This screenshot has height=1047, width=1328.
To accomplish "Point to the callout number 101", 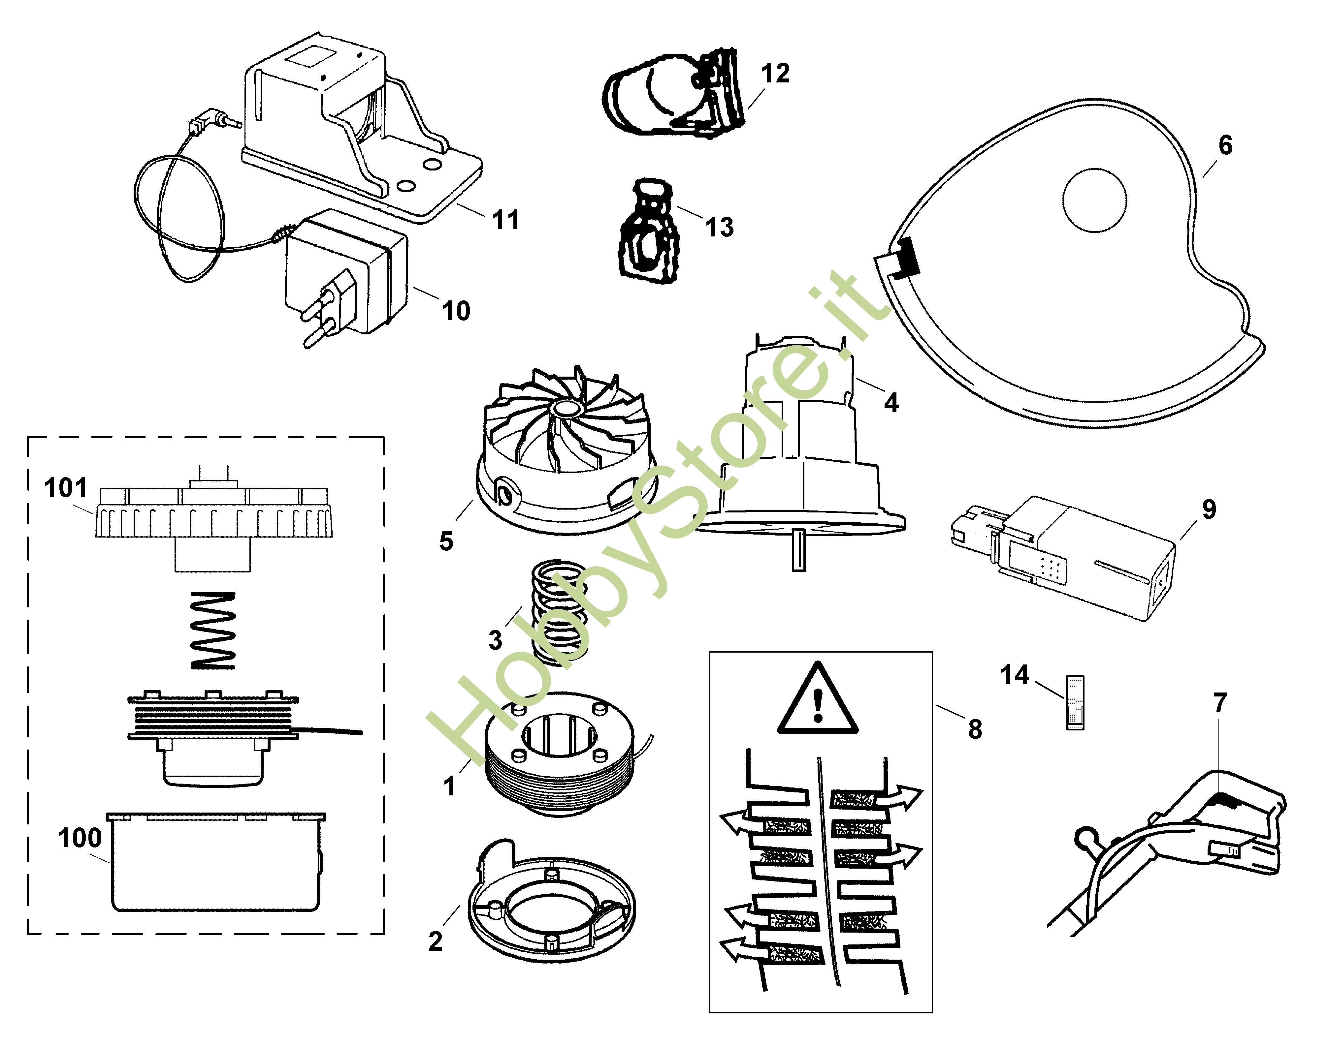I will (66, 489).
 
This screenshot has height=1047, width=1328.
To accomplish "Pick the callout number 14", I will (1015, 675).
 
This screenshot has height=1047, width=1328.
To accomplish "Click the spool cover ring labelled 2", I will (551, 907).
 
